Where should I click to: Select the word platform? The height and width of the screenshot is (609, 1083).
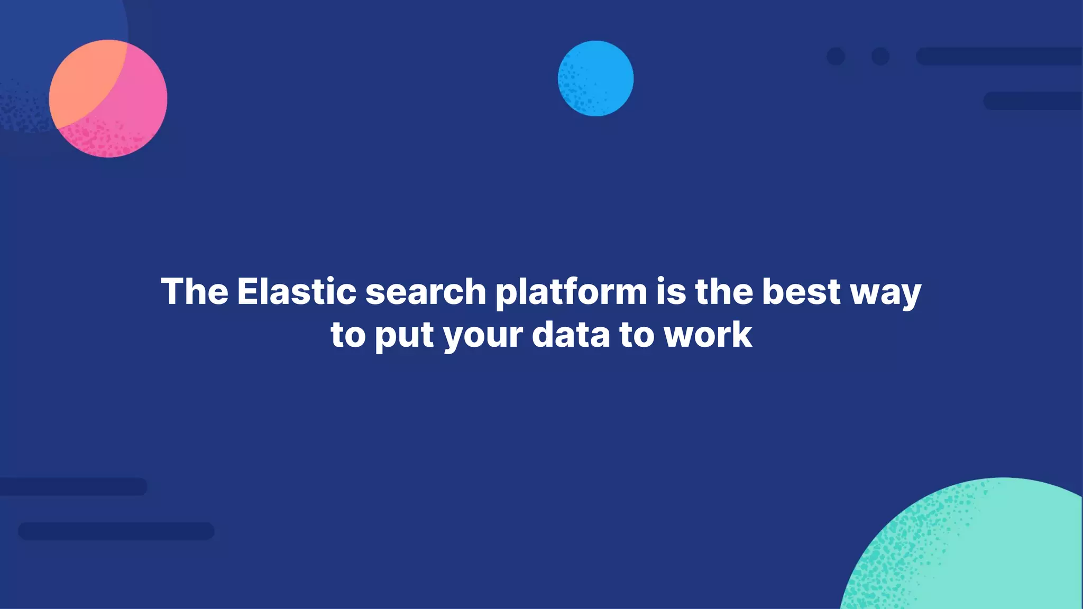click(571, 292)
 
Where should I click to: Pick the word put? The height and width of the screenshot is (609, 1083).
click(405, 336)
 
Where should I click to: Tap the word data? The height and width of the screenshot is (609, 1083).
click(571, 335)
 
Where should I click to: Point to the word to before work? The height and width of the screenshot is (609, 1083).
click(637, 335)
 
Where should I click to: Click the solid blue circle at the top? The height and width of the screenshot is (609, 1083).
click(595, 78)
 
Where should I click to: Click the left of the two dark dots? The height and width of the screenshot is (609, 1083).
click(836, 56)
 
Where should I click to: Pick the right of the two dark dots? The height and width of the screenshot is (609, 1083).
click(880, 56)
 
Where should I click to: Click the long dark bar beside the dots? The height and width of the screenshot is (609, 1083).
click(999, 56)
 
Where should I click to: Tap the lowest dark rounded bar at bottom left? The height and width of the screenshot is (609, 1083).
click(116, 531)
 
